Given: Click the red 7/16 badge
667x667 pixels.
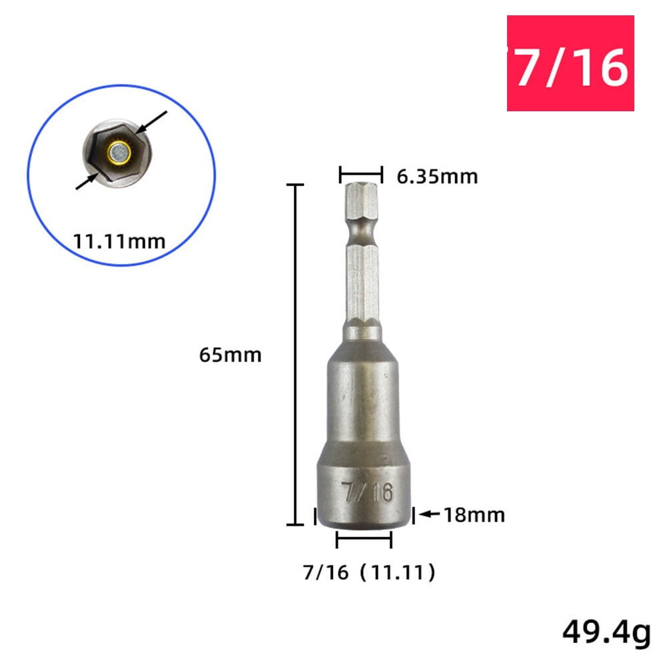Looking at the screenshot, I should pyautogui.click(x=570, y=63).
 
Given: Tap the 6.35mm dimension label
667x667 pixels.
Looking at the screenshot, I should pyautogui.click(x=438, y=177).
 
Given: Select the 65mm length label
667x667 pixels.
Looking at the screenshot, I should pyautogui.click(x=231, y=354).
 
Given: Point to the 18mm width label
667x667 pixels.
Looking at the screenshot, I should pyautogui.click(x=475, y=515).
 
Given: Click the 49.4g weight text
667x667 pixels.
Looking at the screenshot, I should pyautogui.click(x=605, y=633).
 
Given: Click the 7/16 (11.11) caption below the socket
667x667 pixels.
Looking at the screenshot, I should pyautogui.click(x=369, y=572).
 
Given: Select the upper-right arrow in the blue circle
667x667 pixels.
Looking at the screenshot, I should pyautogui.click(x=154, y=125).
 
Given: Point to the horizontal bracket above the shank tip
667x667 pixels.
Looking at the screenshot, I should pyautogui.click(x=360, y=175).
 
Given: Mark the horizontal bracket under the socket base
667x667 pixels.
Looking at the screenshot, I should pyautogui.click(x=364, y=540).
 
